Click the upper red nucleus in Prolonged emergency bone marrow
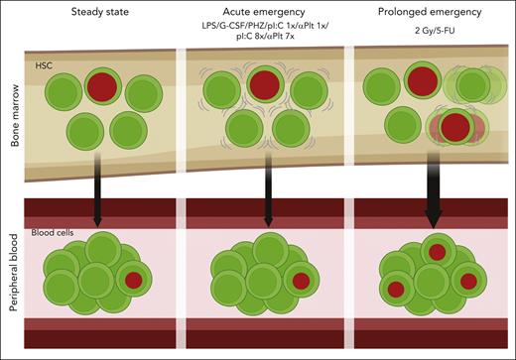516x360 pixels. click(422, 81)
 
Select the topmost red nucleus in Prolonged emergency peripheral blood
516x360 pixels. click(436, 251)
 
